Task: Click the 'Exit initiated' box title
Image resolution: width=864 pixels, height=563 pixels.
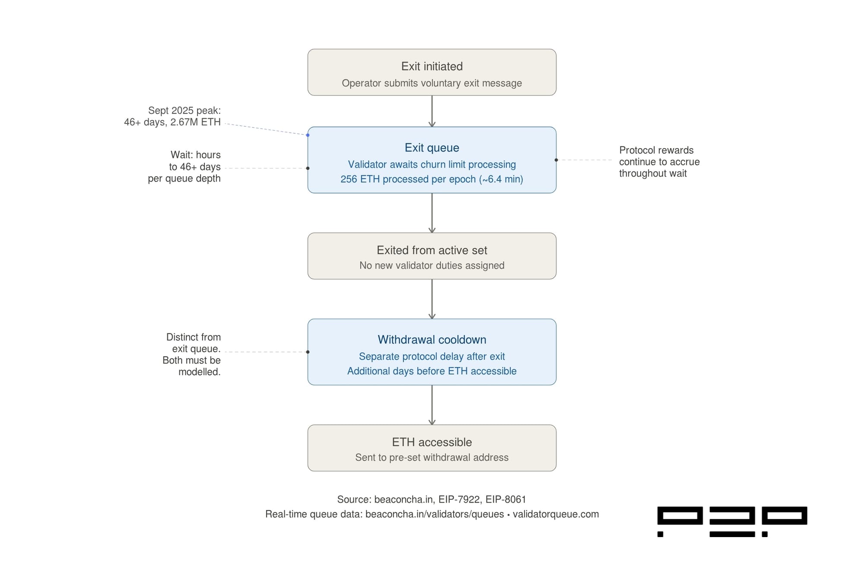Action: click(x=432, y=66)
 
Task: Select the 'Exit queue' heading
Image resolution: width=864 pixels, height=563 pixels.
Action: click(x=432, y=148)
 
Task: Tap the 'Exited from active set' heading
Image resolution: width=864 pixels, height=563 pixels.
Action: click(x=432, y=250)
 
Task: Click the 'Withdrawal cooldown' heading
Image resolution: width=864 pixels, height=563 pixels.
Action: click(x=432, y=339)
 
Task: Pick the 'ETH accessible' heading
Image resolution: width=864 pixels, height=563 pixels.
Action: click(x=432, y=442)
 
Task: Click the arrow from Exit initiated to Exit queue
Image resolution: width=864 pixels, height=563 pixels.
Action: click(x=432, y=111)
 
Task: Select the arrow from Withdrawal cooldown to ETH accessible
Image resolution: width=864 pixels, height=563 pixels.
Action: click(x=432, y=405)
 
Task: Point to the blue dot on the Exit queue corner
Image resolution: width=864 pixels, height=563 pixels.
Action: click(x=308, y=135)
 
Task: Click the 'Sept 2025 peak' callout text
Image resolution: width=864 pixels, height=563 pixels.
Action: click(x=184, y=111)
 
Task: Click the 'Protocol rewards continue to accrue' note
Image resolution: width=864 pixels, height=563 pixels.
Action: click(x=659, y=161)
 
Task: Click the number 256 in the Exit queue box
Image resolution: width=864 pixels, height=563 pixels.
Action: click(x=349, y=179)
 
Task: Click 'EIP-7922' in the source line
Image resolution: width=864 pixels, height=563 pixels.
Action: click(x=459, y=500)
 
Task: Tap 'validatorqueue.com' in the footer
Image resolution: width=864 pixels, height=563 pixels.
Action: click(x=556, y=514)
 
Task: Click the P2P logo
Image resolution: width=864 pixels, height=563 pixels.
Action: click(x=732, y=521)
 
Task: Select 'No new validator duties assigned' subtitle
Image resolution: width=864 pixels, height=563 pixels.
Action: click(x=432, y=266)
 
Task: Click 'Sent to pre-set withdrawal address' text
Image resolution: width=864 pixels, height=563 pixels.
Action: click(x=432, y=458)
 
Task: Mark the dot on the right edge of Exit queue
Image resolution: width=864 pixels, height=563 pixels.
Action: click(x=556, y=160)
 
